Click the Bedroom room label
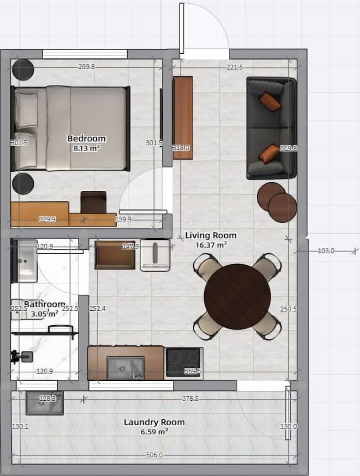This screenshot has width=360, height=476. [x=86, y=139]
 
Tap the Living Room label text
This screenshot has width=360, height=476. [x=210, y=235]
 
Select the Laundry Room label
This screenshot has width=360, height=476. [x=154, y=422]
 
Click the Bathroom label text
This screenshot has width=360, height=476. [x=44, y=304]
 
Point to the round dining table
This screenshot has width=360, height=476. [x=237, y=297]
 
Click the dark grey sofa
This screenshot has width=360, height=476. [x=270, y=128]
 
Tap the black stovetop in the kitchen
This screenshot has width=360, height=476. [x=183, y=362]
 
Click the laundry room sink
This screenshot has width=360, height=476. [x=44, y=403]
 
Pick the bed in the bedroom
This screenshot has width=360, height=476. [x=71, y=128]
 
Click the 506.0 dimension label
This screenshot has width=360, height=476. [x=154, y=455]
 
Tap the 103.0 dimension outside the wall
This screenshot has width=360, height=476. [x=326, y=251]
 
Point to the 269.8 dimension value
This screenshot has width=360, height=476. [x=87, y=67]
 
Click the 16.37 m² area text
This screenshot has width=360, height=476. [x=210, y=245]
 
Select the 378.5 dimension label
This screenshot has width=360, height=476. [x=190, y=398]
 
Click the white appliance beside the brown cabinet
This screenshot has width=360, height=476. [x=155, y=256]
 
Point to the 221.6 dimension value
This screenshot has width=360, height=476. [x=235, y=67]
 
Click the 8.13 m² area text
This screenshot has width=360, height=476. [x=86, y=148]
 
